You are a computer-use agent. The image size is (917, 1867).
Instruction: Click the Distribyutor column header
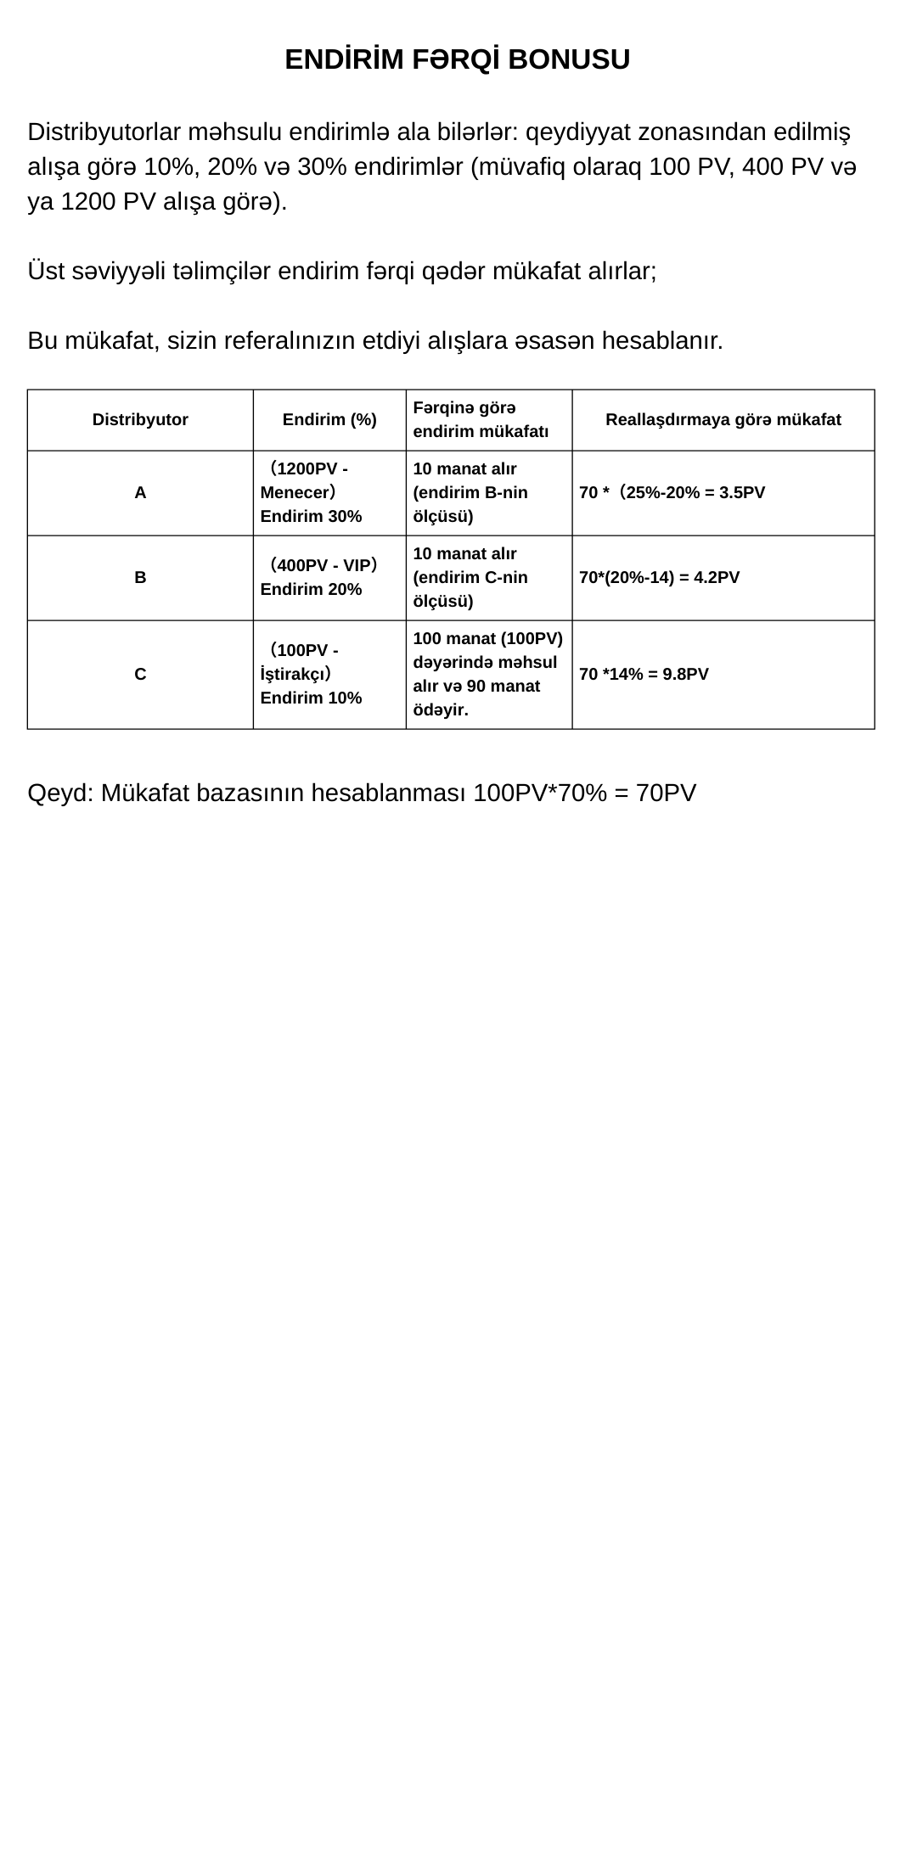140,419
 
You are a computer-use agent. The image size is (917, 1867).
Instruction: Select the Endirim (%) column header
329,419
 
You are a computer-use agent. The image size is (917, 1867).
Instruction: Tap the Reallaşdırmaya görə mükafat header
723,419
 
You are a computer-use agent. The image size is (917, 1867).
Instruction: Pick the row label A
140,492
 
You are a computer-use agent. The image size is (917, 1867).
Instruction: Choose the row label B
140,577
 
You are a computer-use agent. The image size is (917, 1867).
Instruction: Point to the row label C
140,674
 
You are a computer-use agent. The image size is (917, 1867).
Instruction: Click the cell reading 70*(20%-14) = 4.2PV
659,577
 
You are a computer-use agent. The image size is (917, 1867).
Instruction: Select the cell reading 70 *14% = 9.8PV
644,674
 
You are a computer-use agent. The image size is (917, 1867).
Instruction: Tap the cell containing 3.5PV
672,492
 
